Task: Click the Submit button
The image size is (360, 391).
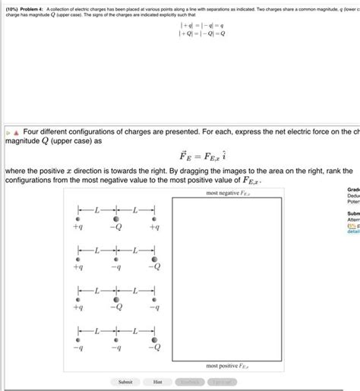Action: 126,381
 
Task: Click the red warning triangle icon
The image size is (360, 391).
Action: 16,129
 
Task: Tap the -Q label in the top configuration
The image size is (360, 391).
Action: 116,226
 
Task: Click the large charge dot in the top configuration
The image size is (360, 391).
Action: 116,216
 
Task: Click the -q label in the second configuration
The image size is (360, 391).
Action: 116,266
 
